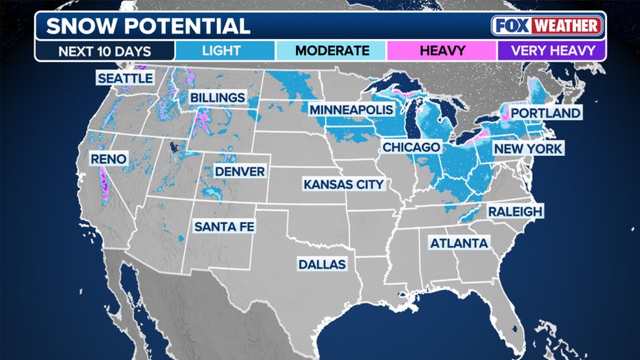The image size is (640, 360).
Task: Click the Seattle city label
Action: coord(124,78)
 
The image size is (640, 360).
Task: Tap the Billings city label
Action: coord(217,98)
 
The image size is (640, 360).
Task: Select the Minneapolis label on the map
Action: coord(351,110)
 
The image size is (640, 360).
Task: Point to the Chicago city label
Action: coord(411,148)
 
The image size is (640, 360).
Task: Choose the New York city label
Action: coord(527,148)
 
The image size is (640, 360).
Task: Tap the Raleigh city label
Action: coord(515,212)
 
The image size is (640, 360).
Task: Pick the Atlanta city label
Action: coord(459,243)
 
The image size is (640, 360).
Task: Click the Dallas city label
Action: coord(322,265)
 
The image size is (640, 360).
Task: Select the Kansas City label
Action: coord(343,184)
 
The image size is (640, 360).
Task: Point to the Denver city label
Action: coord(240,171)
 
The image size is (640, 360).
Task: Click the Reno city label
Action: coord(108,159)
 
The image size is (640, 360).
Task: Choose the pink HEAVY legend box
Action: coord(441,51)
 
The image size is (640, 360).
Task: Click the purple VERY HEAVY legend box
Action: coord(551,51)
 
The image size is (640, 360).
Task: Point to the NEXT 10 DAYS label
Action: coord(104,51)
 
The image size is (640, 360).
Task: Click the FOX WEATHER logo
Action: coord(547,26)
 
